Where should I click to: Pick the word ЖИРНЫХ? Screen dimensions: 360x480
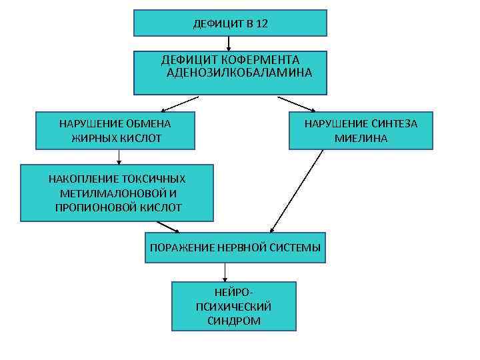pos(95,138)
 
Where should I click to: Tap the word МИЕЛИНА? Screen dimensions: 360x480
pos(361,138)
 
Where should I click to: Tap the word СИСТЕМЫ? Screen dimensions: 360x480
pos(295,247)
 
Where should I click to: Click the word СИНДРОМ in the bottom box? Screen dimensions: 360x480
pos(234,320)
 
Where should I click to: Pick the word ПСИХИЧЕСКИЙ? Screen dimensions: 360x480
pos(234,307)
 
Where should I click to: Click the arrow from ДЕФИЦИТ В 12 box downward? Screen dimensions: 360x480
pos(229,44)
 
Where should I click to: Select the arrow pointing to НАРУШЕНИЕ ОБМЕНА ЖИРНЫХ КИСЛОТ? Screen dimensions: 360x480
pos(180,103)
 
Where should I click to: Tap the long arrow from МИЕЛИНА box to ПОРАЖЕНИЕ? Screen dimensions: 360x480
pos(297,191)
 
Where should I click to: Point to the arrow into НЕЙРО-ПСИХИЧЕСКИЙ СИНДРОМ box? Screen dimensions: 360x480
pos(225,272)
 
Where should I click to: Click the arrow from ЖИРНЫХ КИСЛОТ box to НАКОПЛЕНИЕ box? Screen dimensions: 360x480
pos(119,157)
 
